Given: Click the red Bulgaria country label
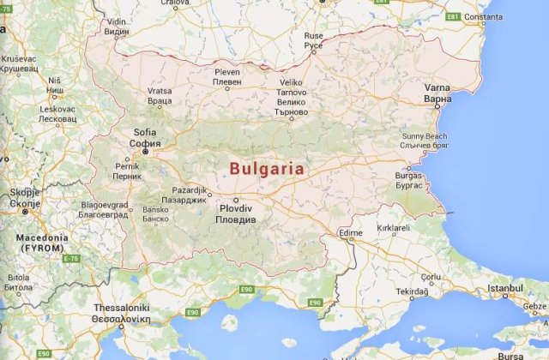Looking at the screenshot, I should click(x=267, y=169).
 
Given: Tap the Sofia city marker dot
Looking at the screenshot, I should click(x=145, y=162).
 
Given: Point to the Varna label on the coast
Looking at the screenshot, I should click(x=437, y=93).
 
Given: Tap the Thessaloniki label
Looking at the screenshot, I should click(x=121, y=312).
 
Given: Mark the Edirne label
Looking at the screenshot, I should click(x=351, y=232).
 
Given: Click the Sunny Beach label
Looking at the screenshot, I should click(x=424, y=141).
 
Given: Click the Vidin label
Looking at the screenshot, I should click(x=116, y=27).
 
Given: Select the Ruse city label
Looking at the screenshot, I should click(x=313, y=40).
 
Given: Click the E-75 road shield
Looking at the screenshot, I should click(x=70, y=259).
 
